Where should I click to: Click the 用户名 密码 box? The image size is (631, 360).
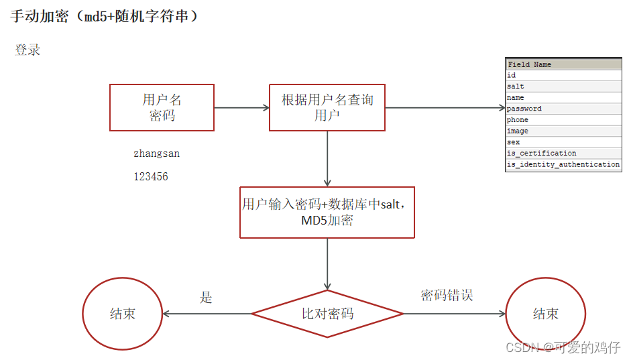[162, 107]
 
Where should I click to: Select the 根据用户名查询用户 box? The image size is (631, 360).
[327, 107]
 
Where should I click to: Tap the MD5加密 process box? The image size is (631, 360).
[327, 213]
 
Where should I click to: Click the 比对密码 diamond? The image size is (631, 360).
[327, 313]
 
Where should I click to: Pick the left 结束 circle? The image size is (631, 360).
[122, 314]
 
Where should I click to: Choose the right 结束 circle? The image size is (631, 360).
[545, 314]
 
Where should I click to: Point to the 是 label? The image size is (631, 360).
[206, 298]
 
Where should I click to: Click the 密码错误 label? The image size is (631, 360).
[447, 295]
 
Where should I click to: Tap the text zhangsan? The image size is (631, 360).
[156, 154]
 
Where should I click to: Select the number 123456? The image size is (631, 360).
[151, 177]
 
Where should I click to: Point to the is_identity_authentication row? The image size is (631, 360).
[563, 164]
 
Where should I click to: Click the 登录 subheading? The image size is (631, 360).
[27, 50]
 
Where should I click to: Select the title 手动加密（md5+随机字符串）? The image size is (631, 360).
[105, 16]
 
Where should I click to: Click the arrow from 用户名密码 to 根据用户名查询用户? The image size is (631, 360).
[241, 107]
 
